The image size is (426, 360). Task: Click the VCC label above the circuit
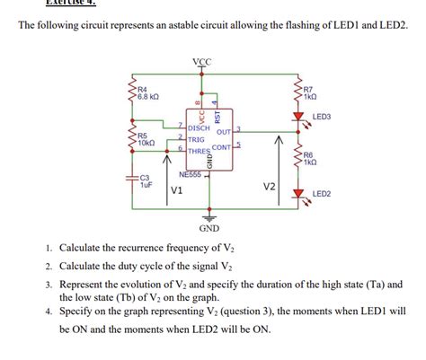click(x=202, y=62)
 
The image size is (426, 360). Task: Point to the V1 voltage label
click(x=176, y=191)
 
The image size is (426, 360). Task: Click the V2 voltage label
click(x=269, y=187)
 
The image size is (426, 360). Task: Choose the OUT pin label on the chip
click(x=224, y=133)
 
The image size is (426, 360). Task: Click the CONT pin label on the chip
click(x=222, y=146)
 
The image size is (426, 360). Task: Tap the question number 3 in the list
click(x=47, y=282)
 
